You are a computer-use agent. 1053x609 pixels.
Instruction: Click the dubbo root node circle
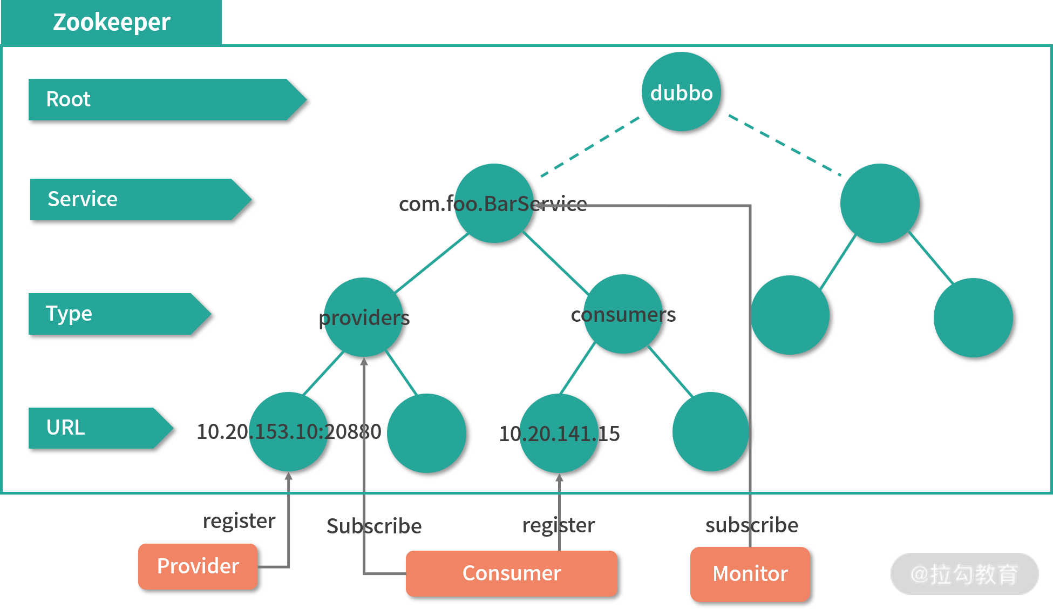click(x=681, y=92)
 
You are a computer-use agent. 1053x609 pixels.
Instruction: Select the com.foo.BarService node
click(x=494, y=203)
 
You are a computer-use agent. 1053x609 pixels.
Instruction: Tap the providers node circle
click(x=363, y=317)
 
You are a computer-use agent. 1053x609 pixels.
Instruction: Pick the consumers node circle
click(x=623, y=314)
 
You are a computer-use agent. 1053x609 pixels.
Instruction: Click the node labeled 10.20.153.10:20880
click(x=288, y=431)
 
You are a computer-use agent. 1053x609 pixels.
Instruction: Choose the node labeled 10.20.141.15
click(x=559, y=433)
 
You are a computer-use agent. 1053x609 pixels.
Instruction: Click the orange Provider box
click(x=198, y=566)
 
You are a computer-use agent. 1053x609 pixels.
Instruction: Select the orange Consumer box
click(x=511, y=573)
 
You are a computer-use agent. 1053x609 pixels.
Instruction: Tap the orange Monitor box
click(x=750, y=574)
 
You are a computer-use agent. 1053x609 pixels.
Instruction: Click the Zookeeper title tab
click(x=112, y=23)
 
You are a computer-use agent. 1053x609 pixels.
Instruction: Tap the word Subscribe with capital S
click(x=374, y=526)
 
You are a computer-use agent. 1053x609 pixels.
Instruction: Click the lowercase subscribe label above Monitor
click(x=752, y=525)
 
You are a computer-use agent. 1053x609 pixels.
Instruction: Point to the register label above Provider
click(x=239, y=521)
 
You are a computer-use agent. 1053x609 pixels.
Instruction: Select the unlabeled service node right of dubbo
click(x=880, y=203)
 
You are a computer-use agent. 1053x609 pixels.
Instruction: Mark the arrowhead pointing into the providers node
click(x=364, y=361)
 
